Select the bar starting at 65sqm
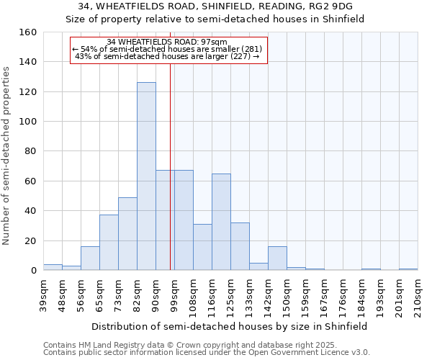pos(109,243)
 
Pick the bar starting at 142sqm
pos(277,258)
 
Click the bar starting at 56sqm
pos(90,258)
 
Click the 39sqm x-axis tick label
pos(43,292)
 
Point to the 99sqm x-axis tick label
pos(174,292)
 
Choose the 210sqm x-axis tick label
pos(418,295)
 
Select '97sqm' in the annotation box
pos(216,42)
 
